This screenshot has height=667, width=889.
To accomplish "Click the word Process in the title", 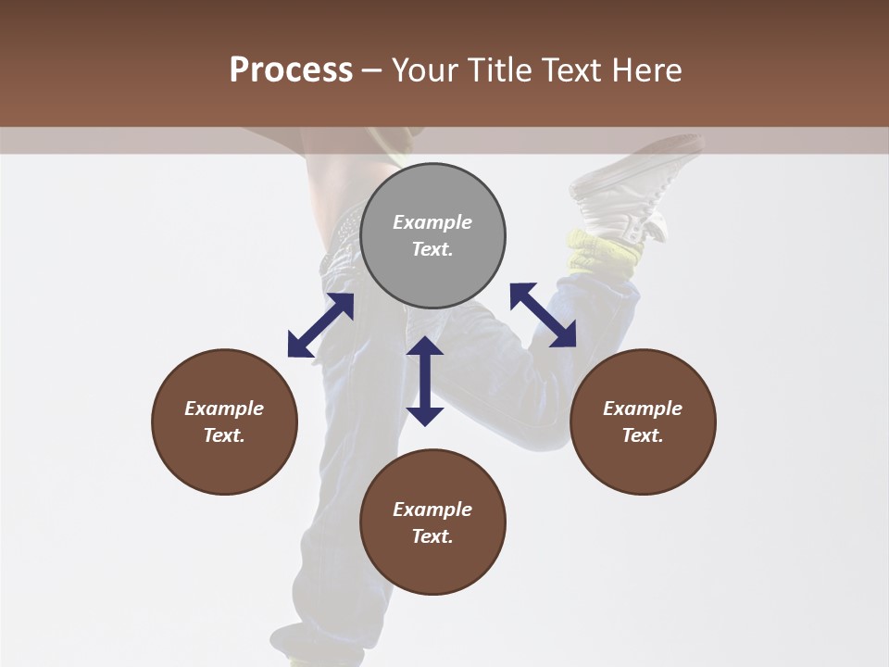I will coord(291,70).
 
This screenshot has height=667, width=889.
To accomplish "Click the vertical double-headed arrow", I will coord(425,381).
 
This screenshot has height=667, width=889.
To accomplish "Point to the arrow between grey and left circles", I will coord(320,325).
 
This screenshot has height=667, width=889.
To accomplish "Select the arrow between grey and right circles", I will coord(543,315).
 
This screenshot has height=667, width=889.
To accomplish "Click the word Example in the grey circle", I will coord(432,222).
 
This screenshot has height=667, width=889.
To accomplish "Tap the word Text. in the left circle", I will coord(224,435).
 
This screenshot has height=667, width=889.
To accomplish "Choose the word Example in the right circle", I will coord(643,409).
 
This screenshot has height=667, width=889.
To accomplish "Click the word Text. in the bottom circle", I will coord(432,536).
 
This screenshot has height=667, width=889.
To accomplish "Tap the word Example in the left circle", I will coord(224,409).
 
